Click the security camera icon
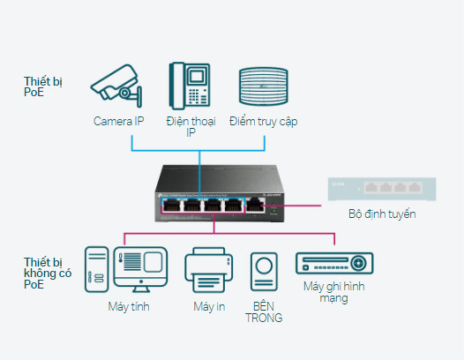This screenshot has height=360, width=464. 116,86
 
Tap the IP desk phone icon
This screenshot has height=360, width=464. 190,86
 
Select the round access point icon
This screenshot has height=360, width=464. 264,86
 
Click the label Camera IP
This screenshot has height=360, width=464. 119,121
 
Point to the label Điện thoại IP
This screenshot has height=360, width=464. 191,127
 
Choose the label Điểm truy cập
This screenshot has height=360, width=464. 264,122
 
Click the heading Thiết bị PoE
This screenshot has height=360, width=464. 43,86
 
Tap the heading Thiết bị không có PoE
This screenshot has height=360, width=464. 48,274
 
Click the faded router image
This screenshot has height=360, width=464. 382,189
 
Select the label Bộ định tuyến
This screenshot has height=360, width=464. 382,214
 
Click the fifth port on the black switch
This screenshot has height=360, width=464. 256,205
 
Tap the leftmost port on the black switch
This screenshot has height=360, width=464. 172,205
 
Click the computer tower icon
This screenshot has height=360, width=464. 96,269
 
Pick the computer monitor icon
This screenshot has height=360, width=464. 140,269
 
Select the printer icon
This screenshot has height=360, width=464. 208,270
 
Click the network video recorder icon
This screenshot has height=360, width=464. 334,263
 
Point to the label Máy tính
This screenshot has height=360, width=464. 129,306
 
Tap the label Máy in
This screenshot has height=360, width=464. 209,306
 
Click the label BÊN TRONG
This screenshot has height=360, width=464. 264,311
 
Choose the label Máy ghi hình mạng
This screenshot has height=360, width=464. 334,292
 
